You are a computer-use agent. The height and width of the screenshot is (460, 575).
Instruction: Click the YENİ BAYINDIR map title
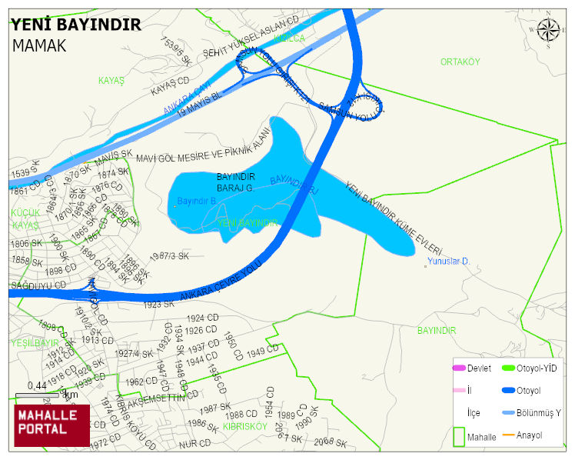pos(76,25)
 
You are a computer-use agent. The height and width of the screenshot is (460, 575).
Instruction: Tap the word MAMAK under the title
pos(39,45)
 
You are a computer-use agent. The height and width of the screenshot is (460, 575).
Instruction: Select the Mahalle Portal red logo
pos(52,425)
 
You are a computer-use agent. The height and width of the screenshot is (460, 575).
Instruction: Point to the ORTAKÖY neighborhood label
pos(460,62)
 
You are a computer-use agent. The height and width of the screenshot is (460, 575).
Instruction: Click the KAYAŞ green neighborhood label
pos(111,80)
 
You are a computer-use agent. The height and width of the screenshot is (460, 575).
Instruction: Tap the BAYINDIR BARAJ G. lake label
pos(235,182)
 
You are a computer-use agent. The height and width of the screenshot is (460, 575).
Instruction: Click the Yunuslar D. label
pos(450,262)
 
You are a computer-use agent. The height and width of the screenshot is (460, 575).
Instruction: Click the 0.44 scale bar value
pos(36,385)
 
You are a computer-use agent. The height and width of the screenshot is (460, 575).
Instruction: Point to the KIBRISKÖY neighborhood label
pos(244,425)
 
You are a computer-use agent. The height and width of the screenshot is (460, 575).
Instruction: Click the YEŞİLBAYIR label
pos(35,342)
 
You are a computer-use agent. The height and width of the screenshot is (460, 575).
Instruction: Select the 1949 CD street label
pos(263,351)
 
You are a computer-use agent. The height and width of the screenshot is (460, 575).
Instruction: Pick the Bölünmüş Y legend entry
pos(538,413)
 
